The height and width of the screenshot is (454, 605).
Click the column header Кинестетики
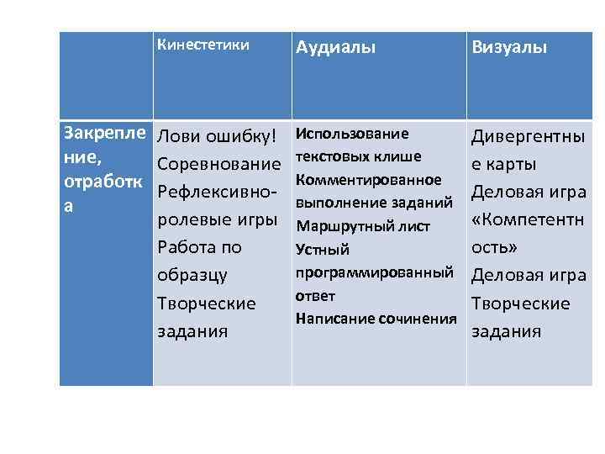click(203, 45)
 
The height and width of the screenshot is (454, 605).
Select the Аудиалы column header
click(335, 48)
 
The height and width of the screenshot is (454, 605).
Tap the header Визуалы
click(509, 48)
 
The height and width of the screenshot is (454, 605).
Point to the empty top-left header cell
click(106, 76)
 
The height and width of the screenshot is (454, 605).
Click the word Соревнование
click(218, 164)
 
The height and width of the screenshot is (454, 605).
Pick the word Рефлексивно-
click(217, 192)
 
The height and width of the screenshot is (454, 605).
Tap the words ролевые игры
click(217, 219)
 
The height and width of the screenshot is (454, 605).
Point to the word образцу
click(193, 275)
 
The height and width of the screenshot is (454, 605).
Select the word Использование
click(352, 134)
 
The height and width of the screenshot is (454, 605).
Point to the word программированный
click(375, 272)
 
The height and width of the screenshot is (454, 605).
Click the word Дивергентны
click(529, 136)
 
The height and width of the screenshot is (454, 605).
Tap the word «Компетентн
click(529, 219)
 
